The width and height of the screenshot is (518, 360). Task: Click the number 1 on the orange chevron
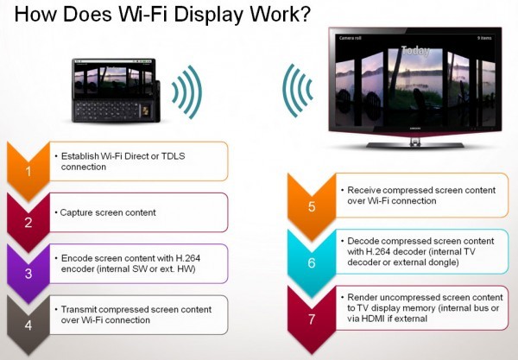(28, 172)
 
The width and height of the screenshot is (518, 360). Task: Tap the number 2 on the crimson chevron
(28, 223)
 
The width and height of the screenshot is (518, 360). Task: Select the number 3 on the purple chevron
(28, 274)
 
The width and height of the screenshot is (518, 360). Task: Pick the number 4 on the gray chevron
(28, 325)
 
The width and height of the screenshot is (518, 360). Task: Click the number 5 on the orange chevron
(312, 206)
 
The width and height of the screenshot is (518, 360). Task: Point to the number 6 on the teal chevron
(312, 263)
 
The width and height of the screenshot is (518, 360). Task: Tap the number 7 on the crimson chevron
(312, 319)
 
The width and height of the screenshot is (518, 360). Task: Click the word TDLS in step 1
(173, 156)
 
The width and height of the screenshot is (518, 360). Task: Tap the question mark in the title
(305, 14)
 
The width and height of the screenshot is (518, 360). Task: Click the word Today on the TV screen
(415, 51)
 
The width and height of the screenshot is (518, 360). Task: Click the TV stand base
(415, 144)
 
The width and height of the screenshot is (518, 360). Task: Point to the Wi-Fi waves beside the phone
(187, 92)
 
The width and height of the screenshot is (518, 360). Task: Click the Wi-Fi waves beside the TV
(297, 90)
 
